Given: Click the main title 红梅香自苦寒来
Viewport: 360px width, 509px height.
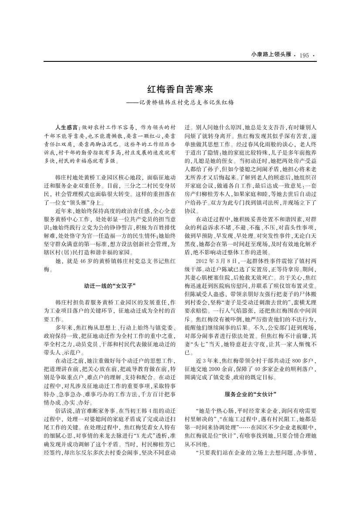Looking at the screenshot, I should pyautogui.click(x=180, y=89).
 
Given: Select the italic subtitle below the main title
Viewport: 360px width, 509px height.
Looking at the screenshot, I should pyautogui.click(x=180, y=103).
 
